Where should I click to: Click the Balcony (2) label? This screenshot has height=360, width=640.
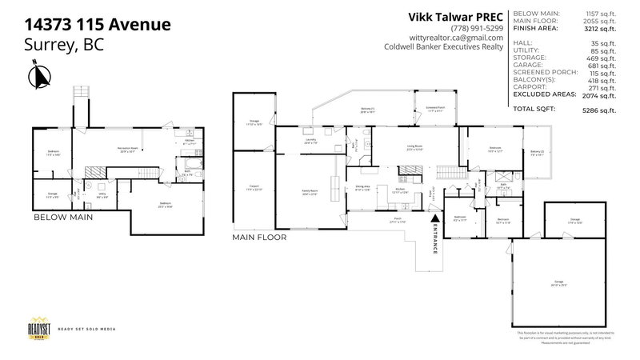tap(536, 153)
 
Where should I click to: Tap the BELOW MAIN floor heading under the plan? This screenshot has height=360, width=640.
tap(64, 217)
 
